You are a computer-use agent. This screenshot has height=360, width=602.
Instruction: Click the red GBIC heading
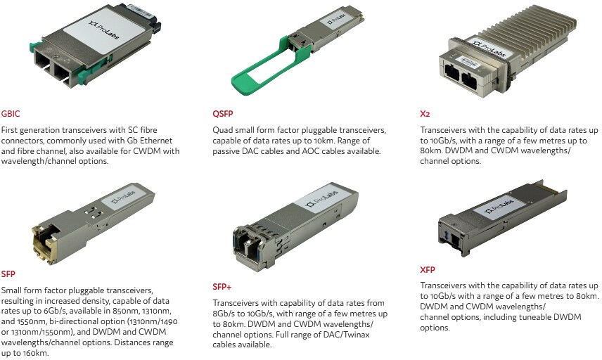pyautogui.click(x=11, y=112)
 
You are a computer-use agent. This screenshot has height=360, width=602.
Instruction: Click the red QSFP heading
pyautogui.click(x=222, y=112)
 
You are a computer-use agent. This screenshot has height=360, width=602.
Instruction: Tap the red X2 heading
pyautogui.click(x=425, y=112)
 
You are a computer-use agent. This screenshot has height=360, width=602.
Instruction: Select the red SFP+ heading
pyautogui.click(x=223, y=286)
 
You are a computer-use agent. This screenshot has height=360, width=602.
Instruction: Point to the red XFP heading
pyautogui.click(x=428, y=268)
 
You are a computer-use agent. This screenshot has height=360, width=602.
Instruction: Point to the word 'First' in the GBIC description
pyautogui.click(x=11, y=131)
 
